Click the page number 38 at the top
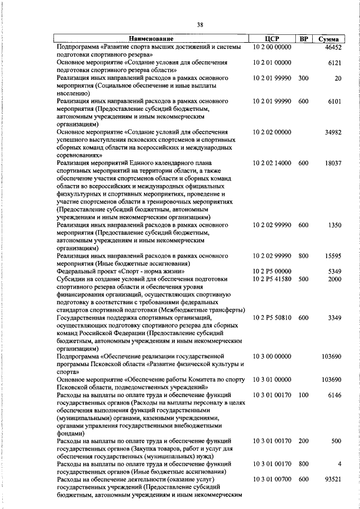200,24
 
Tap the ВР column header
303,39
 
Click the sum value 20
338,79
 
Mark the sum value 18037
333,163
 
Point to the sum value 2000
335,279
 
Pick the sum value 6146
335,395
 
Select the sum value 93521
333,480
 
